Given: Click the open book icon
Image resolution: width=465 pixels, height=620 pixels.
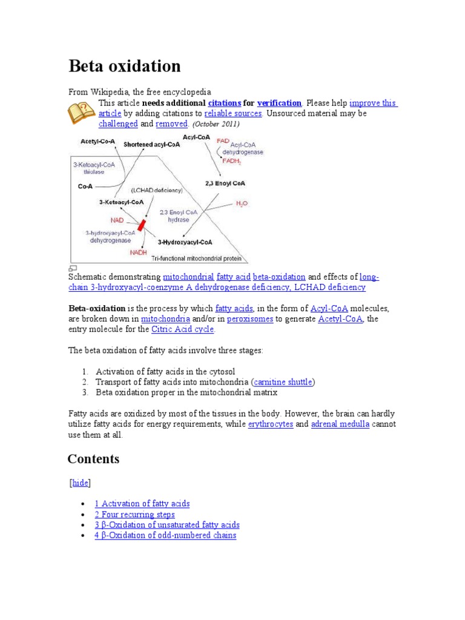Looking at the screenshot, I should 81,113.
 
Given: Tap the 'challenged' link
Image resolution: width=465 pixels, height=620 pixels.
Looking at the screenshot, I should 118,124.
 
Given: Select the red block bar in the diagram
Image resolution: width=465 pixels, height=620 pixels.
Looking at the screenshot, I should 142,225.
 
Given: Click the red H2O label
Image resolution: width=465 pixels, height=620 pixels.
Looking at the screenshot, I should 241,205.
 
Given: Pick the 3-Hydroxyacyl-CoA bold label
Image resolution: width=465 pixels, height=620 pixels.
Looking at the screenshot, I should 185,242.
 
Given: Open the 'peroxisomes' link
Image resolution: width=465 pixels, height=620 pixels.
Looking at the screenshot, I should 249,318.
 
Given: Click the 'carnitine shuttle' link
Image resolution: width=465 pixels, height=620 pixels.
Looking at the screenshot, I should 283,382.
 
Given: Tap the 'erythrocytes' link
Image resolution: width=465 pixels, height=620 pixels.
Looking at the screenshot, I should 271,424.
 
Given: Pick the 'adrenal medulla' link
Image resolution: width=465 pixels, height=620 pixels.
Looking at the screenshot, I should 340,424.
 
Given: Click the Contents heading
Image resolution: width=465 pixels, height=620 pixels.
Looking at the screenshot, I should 93,459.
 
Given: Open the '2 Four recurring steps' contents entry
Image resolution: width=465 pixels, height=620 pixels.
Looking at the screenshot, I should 134,515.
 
